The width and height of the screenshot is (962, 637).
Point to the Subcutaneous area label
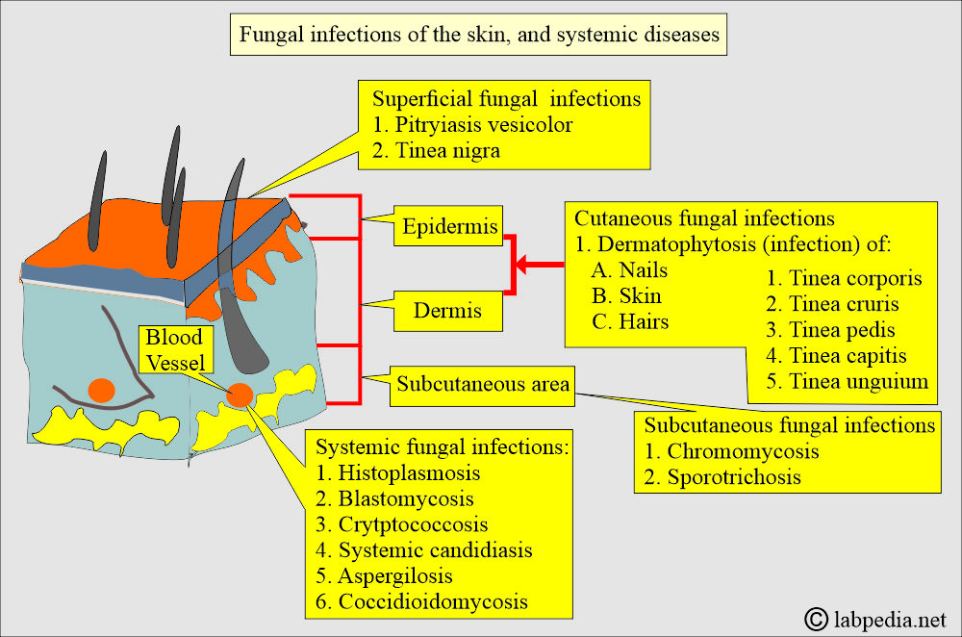483,385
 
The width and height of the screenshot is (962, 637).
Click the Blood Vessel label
174,348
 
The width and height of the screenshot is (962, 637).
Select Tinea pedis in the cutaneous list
833,330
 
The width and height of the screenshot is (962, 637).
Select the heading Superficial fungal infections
506,98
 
